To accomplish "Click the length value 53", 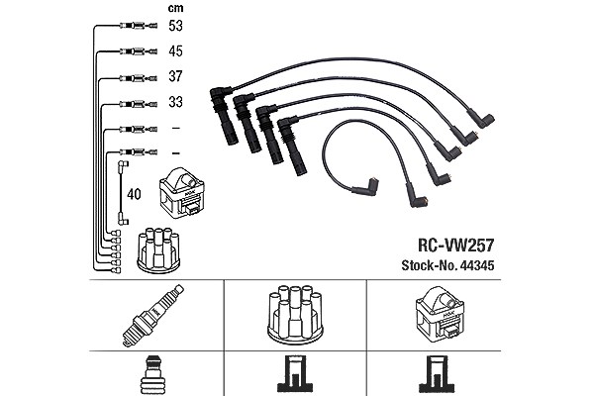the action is coord(175,26).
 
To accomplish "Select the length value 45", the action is coord(175,51).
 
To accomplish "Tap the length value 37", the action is coord(175,76).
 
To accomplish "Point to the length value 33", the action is coord(175,102).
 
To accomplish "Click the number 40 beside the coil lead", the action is coord(134,194).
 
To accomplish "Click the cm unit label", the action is coord(175,8).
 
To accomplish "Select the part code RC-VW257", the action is coord(455,246).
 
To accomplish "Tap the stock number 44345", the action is coord(476,265).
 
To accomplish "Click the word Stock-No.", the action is coord(429,265).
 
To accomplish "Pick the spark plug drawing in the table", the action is coord(152,315).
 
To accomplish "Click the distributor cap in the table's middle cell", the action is coord(295,315).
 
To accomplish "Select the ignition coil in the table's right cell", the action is coord(440,315).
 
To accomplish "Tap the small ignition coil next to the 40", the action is coord(181,193).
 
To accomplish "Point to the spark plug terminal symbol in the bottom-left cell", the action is coord(152,375).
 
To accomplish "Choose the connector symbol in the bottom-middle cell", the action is coord(295,374).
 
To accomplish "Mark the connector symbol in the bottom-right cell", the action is coord(437,374).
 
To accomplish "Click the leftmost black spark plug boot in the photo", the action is coord(225,116).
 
